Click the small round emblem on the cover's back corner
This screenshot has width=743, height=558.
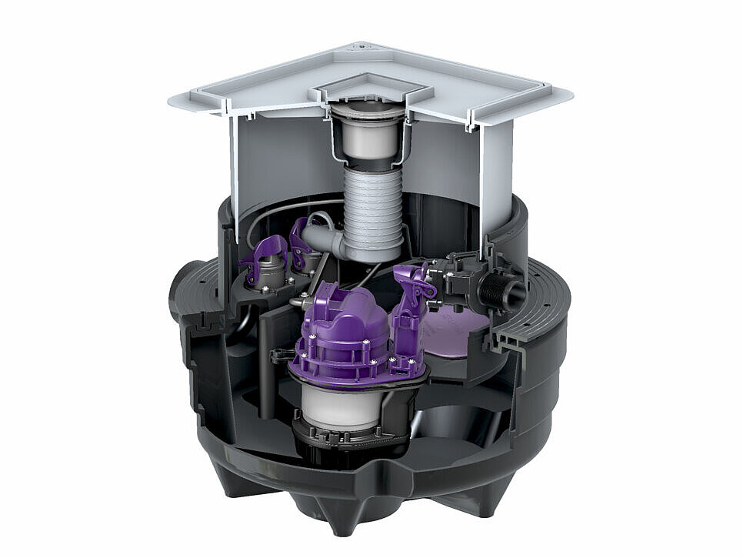(361, 47)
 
